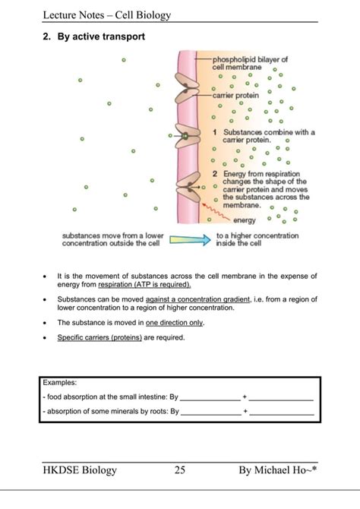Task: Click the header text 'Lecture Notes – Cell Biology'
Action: click(x=107, y=15)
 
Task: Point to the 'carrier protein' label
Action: click(x=236, y=96)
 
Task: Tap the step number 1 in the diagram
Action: click(x=216, y=132)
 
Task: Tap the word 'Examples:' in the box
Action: click(x=60, y=382)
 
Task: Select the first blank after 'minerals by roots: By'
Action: click(x=210, y=413)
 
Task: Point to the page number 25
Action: click(x=180, y=470)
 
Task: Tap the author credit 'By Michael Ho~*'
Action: click(x=277, y=470)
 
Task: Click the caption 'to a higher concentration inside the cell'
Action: click(x=258, y=240)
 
